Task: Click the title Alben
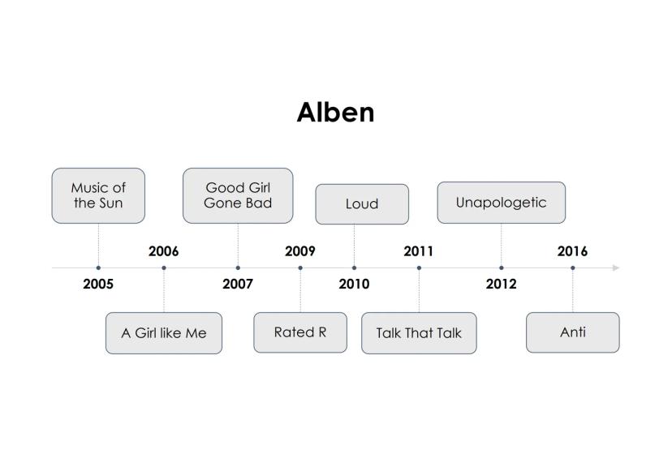(x=335, y=113)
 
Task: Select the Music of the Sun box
(x=98, y=195)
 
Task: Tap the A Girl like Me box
(x=164, y=333)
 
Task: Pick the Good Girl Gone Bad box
(x=238, y=195)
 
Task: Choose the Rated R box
(x=300, y=332)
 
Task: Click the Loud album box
(x=362, y=204)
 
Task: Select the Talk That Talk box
(x=419, y=333)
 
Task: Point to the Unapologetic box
(x=502, y=203)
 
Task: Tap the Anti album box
(x=572, y=332)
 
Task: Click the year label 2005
(x=98, y=284)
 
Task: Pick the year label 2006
(x=164, y=251)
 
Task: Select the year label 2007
(x=238, y=284)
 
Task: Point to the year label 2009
(x=300, y=251)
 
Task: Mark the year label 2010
(x=354, y=284)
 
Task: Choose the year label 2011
(x=419, y=251)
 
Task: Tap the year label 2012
(x=502, y=284)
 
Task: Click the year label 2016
(x=572, y=251)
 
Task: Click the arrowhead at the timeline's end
(x=616, y=267)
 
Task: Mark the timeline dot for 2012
(x=502, y=267)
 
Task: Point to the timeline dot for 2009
(x=300, y=267)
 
